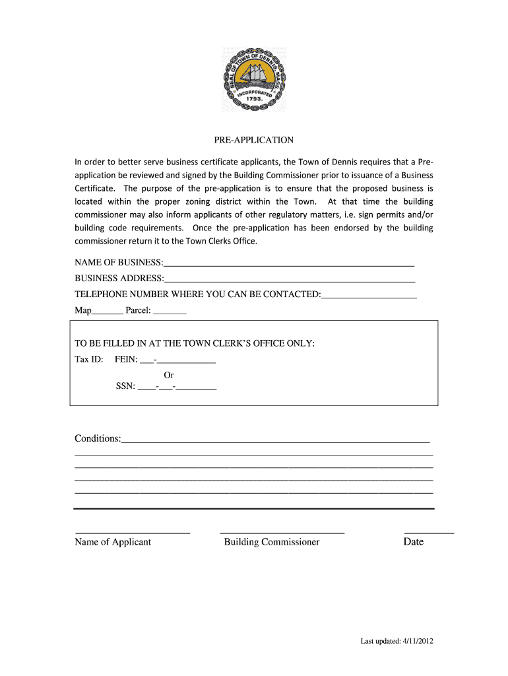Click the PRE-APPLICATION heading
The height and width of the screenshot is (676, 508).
pyautogui.click(x=253, y=140)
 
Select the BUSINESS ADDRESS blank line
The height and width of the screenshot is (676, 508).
pyautogui.click(x=290, y=281)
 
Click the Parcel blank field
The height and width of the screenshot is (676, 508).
pyautogui.click(x=170, y=312)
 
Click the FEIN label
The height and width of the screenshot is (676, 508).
pyautogui.click(x=126, y=359)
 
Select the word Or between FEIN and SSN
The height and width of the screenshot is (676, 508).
pyautogui.click(x=169, y=374)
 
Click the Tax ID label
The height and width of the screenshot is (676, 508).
pyautogui.click(x=88, y=359)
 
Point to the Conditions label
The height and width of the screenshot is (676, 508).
pyautogui.click(x=98, y=438)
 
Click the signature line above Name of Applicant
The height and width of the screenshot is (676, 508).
pyautogui.click(x=133, y=532)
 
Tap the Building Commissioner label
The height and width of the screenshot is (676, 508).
pyautogui.click(x=272, y=542)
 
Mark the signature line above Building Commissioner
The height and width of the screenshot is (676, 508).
pyautogui.click(x=282, y=532)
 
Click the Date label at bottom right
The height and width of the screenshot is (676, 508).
pyautogui.click(x=414, y=542)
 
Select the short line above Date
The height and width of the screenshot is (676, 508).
pyautogui.click(x=429, y=532)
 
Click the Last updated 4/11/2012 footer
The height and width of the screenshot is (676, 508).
pyautogui.click(x=396, y=641)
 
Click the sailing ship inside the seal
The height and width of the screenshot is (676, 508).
pyautogui.click(x=255, y=75)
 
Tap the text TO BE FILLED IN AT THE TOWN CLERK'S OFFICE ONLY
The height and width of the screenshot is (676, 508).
pyautogui.click(x=195, y=343)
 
